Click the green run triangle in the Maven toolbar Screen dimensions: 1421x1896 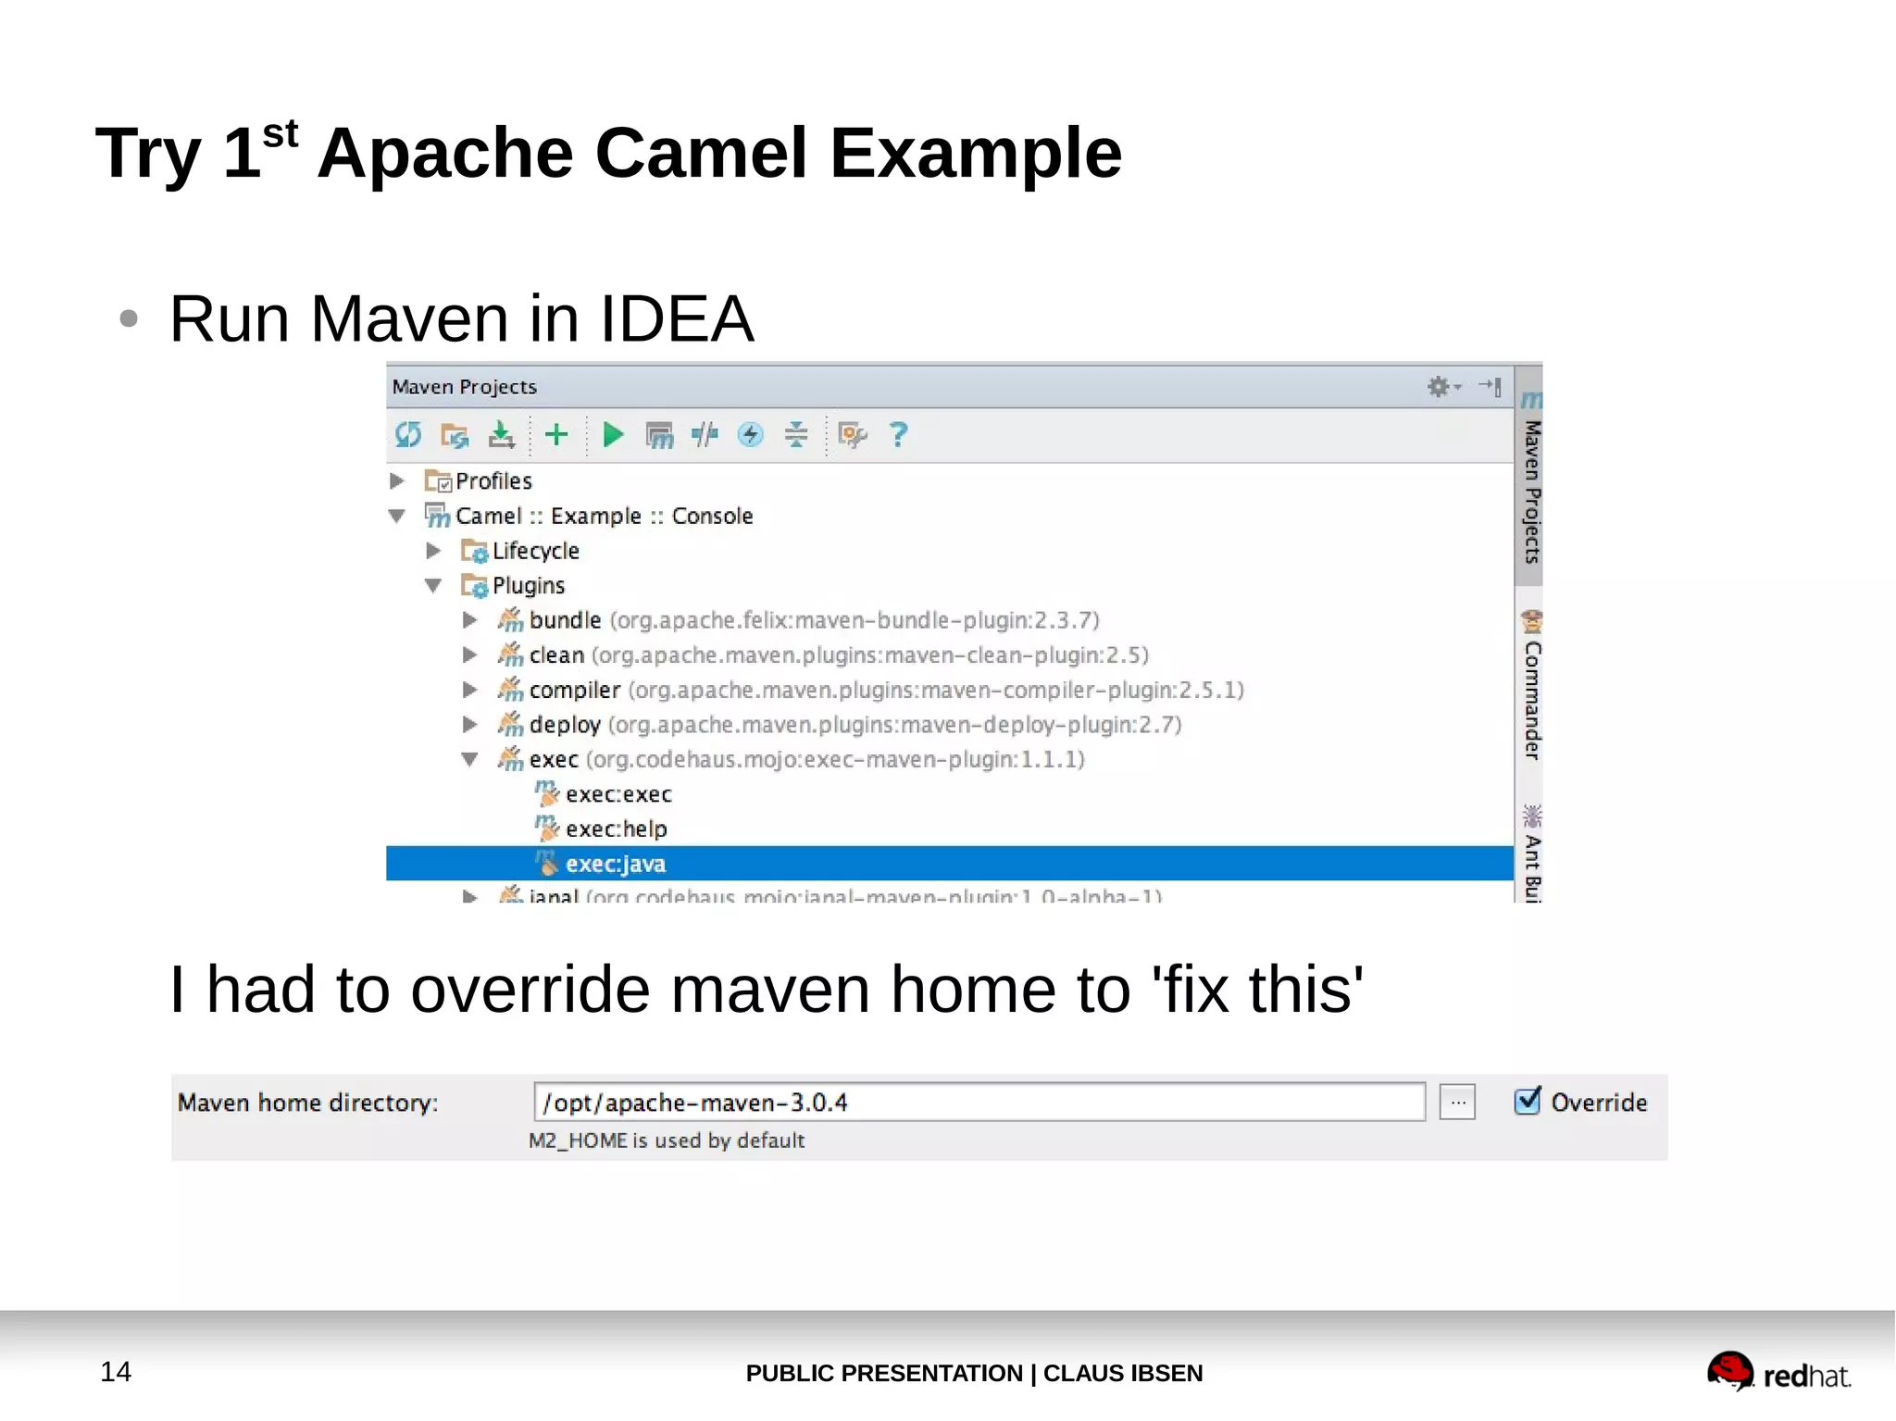(612, 434)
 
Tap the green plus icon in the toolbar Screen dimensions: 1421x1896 (556, 434)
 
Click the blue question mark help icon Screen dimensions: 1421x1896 (898, 434)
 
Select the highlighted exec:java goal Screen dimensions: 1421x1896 (615, 864)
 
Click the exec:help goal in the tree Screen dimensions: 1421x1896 (616, 829)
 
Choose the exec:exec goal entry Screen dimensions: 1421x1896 (618, 794)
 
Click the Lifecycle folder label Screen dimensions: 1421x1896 (535, 551)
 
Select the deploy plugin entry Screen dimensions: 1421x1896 (565, 725)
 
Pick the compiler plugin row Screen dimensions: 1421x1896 (574, 690)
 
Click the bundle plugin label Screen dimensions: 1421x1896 (565, 620)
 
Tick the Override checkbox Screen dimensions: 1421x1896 (1527, 1101)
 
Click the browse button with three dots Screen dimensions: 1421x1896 (1457, 1103)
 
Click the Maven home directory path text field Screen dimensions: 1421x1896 (979, 1103)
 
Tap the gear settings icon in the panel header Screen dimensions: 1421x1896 (1438, 386)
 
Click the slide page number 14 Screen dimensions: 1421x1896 (116, 1371)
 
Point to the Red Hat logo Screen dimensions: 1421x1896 (1777, 1372)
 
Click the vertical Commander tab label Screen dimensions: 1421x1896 (1532, 700)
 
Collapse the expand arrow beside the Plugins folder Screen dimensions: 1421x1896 (433, 585)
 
